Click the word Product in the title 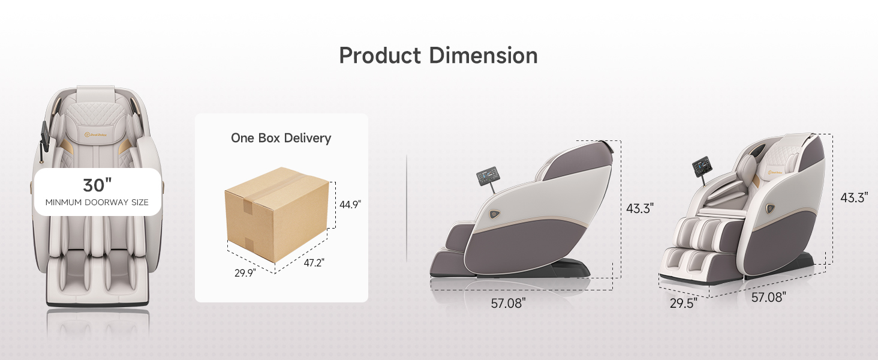point(380,56)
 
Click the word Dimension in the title point(483,56)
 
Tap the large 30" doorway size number point(97,185)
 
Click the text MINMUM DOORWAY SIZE point(97,202)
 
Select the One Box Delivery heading point(281,138)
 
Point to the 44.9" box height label point(350,205)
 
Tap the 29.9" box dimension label point(245,272)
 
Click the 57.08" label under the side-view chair point(508,303)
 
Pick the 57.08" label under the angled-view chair point(768,297)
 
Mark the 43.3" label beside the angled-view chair point(853,197)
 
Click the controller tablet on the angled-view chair point(702,166)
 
